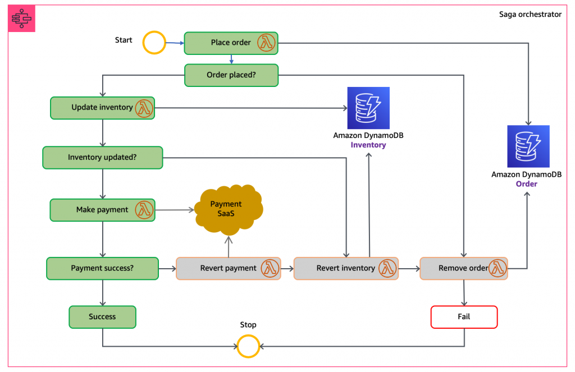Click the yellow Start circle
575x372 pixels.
[x=154, y=43]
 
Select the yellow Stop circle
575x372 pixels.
[x=248, y=346]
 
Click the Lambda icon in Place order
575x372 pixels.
[x=266, y=43]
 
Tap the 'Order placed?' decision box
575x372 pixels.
[x=231, y=75]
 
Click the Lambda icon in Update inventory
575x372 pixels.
[x=144, y=108]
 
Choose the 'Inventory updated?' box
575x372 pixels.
[x=102, y=157]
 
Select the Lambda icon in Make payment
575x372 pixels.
[x=144, y=210]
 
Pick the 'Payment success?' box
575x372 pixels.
[x=102, y=268]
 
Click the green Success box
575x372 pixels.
[x=102, y=317]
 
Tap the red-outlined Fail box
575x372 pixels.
[x=464, y=317]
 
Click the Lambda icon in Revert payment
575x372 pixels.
[x=270, y=268]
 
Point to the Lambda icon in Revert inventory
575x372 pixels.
[x=387, y=268]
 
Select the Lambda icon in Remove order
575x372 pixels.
[x=497, y=268]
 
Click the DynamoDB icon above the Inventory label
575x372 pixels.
[x=368, y=108]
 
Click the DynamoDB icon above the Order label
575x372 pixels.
[x=528, y=146]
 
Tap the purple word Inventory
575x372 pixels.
[x=368, y=145]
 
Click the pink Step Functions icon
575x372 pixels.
[x=22, y=19]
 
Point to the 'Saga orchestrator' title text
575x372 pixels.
[x=530, y=15]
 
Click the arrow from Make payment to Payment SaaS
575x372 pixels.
[x=174, y=210]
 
